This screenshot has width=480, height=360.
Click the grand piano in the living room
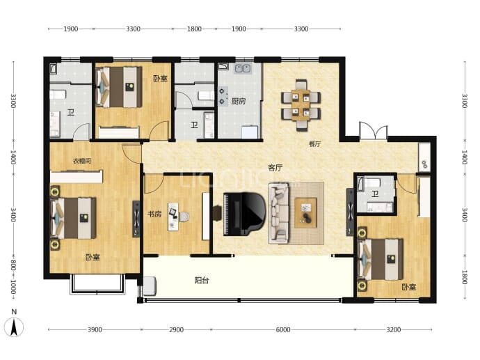(244, 214)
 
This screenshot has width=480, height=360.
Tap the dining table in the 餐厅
(301, 105)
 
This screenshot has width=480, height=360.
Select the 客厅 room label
(275, 168)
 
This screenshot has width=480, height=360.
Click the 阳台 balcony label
(202, 281)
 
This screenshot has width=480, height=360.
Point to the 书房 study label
(154, 214)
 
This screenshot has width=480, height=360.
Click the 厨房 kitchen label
(238, 101)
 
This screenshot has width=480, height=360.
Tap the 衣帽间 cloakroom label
(81, 161)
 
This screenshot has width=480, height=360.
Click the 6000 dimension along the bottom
(283, 329)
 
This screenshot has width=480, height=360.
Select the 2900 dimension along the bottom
(176, 329)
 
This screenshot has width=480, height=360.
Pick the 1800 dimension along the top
(194, 29)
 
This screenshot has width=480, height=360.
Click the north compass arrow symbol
(14, 327)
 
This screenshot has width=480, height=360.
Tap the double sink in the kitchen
(243, 69)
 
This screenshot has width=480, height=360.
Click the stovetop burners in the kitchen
(223, 96)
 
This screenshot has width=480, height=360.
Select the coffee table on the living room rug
(305, 213)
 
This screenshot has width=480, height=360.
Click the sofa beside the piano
(279, 213)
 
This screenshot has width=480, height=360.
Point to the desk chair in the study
(184, 217)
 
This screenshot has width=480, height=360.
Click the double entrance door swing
(374, 131)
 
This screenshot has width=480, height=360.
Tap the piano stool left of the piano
(217, 213)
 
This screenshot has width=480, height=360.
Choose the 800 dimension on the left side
(13, 265)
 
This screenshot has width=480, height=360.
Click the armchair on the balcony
(150, 286)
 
